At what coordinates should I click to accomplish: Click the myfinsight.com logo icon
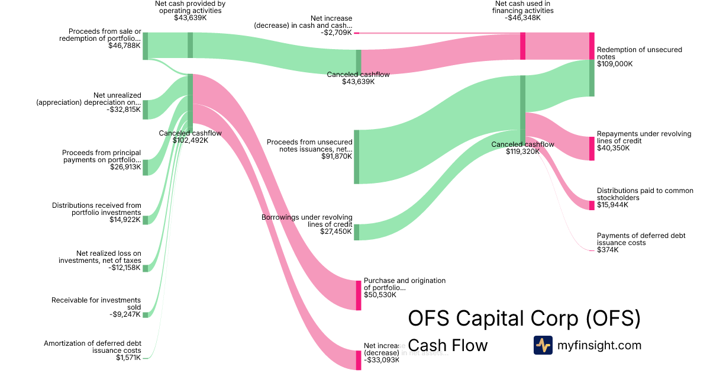[x=543, y=345]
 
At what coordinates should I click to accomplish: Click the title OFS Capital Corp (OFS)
[x=524, y=319]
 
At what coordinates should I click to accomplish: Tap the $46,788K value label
[x=124, y=46]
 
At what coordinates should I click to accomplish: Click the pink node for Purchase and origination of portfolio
[x=358, y=295]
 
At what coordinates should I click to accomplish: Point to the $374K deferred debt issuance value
[x=608, y=250]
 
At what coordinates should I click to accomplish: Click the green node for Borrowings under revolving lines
[x=357, y=232]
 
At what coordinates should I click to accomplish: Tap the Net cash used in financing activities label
[x=524, y=7]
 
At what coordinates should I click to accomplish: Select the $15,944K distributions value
[x=613, y=205]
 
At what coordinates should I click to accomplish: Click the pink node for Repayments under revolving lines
[x=592, y=148]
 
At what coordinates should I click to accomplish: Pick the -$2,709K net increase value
[x=336, y=33]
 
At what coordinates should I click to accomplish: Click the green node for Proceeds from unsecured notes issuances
[x=357, y=157]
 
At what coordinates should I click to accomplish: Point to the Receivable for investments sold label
[x=96, y=303]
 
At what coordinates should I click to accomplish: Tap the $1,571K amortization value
[x=128, y=358]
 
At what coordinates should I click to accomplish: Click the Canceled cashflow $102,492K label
[x=190, y=137]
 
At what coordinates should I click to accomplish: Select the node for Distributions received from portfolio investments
[x=146, y=220]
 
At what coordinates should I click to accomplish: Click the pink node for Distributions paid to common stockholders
[x=592, y=205]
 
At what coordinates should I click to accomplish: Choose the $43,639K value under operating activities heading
[x=190, y=18]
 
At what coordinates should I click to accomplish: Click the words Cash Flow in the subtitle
[x=448, y=345]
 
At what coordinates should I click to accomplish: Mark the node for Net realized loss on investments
[x=146, y=268]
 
